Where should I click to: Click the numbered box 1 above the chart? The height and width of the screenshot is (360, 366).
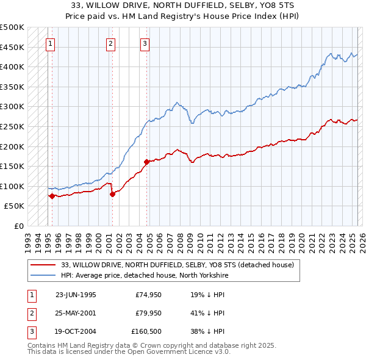(x=49, y=43)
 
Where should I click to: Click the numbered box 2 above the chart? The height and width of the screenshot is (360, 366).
(x=110, y=43)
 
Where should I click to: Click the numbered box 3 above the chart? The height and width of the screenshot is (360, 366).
(x=145, y=43)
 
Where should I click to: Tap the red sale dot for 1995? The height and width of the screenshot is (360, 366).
(x=52, y=196)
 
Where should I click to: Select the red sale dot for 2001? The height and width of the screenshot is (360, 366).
(x=113, y=195)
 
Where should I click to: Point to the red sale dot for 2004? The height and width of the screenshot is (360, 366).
(x=147, y=162)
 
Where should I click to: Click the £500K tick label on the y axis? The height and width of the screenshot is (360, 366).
(x=12, y=27)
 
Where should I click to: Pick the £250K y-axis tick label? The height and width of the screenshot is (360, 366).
(x=12, y=126)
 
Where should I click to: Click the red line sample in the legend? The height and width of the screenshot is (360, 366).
(x=43, y=265)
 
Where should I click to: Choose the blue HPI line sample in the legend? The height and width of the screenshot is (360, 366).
(x=43, y=275)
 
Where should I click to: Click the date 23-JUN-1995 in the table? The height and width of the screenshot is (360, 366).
(x=76, y=295)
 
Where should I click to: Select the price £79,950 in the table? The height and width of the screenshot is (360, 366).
(x=148, y=313)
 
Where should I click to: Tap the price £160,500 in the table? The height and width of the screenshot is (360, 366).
(x=146, y=331)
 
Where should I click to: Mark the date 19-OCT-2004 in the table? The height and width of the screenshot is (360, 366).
(x=76, y=331)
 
